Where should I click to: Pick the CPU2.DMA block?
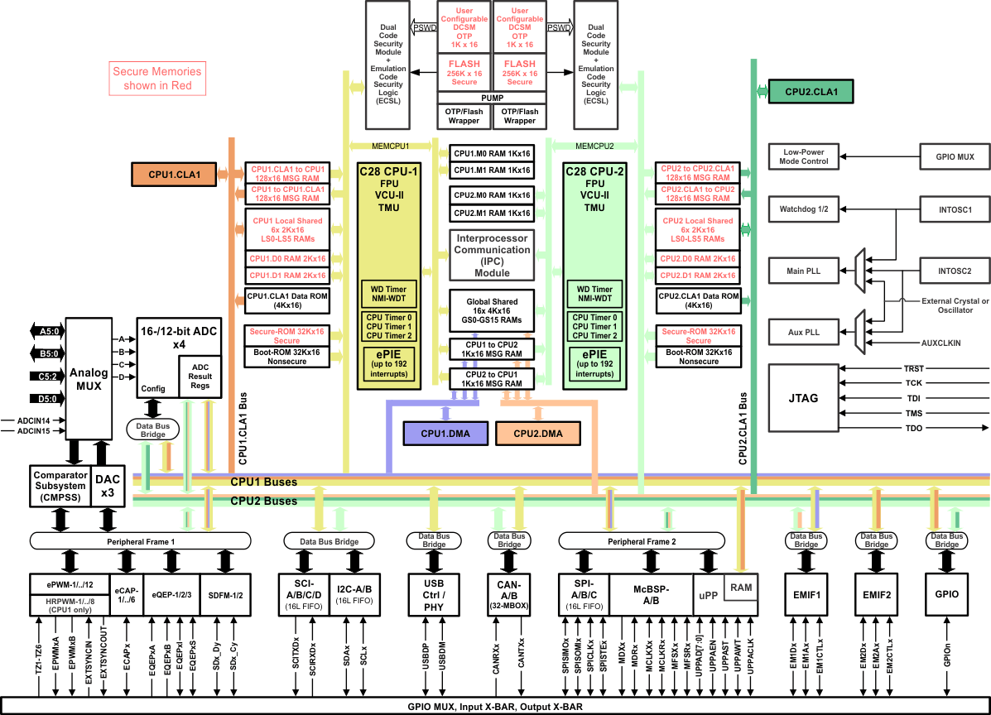pos(538,433)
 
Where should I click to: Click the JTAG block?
pos(803,398)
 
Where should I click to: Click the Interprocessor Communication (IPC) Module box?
pos(492,255)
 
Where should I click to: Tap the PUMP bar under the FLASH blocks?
pos(492,98)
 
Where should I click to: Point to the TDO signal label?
pos(913,428)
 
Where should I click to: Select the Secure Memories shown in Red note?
pos(157,79)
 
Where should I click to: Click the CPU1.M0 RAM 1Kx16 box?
pos(492,154)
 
